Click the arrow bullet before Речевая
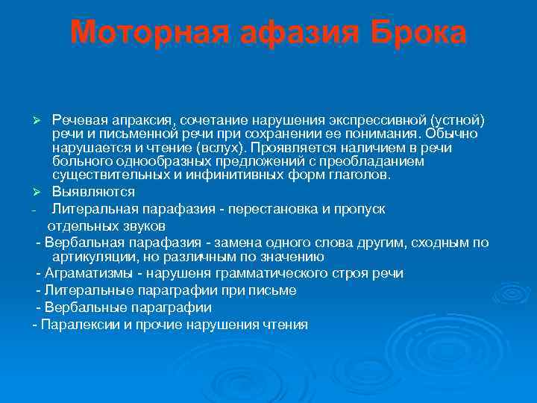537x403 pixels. pos(43,121)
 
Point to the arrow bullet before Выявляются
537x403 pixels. pos(43,192)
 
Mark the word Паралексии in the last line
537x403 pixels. pos(74,325)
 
